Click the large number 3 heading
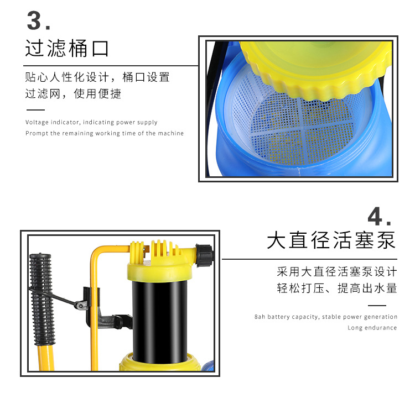click(39, 20)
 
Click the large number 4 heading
click(379, 216)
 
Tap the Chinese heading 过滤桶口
click(67, 48)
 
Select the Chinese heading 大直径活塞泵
click(331, 240)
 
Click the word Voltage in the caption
click(37, 122)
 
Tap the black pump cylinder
click(159, 321)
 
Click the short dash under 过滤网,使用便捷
click(36, 110)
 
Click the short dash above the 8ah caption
click(377, 306)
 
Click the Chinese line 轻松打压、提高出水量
click(337, 288)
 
